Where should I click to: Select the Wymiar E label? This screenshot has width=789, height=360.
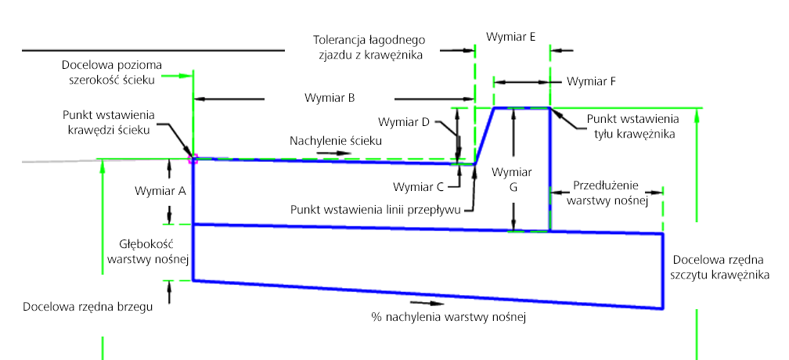pyautogui.click(x=510, y=36)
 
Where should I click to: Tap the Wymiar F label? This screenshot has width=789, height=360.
pyautogui.click(x=591, y=81)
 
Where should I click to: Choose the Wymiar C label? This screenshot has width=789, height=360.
pyautogui.click(x=419, y=186)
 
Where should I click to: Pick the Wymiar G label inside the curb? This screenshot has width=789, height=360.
pyautogui.click(x=512, y=179)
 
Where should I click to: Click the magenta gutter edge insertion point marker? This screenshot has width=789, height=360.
pyautogui.click(x=193, y=159)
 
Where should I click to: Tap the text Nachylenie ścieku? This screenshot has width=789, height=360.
pyautogui.click(x=336, y=141)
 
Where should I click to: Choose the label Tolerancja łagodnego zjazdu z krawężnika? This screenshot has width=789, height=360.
pyautogui.click(x=368, y=46)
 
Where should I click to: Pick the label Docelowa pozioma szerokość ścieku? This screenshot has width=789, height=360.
pyautogui.click(x=110, y=70)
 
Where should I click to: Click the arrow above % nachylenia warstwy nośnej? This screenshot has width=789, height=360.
pyautogui.click(x=419, y=302)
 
